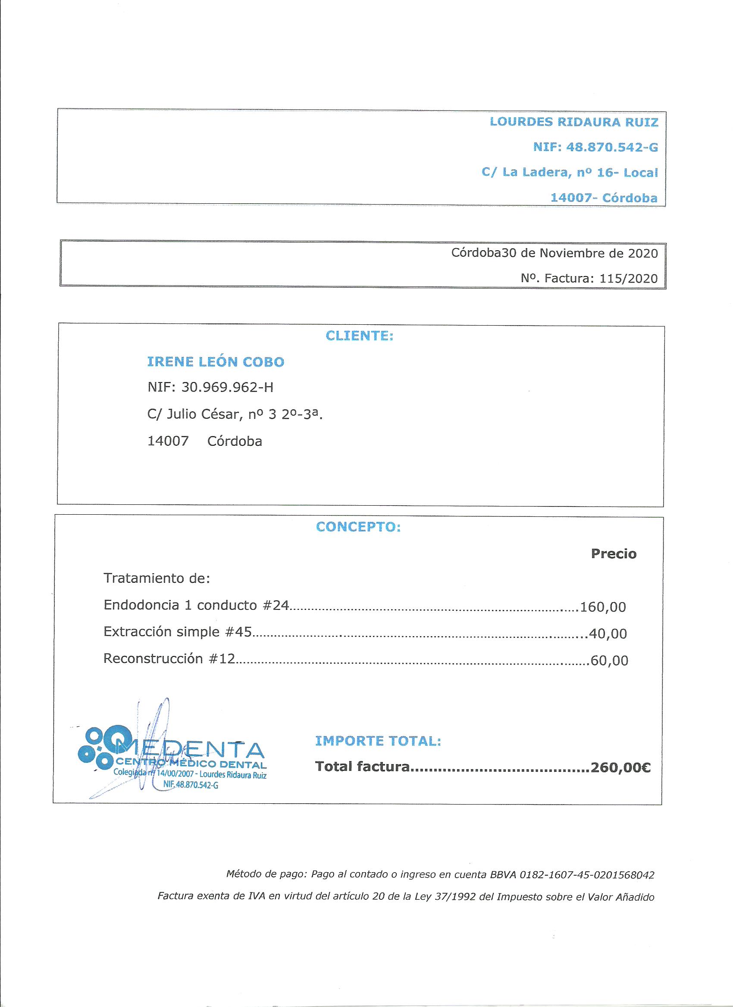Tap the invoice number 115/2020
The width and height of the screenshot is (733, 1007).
coord(628,278)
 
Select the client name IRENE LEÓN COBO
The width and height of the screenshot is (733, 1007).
coord(216,362)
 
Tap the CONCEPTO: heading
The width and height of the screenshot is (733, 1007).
coord(358,527)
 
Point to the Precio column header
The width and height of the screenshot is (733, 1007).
coord(614,553)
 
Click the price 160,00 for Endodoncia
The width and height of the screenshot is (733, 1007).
coord(603,606)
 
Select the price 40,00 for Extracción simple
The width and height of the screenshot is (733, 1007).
coord(608,633)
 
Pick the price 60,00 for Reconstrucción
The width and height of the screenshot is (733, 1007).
coord(609,661)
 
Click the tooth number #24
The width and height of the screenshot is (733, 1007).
coord(276,605)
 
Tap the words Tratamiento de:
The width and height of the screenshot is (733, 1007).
coord(157,578)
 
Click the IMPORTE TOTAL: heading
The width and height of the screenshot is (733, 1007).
coord(378,740)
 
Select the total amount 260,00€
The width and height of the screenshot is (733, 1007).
coord(620,767)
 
